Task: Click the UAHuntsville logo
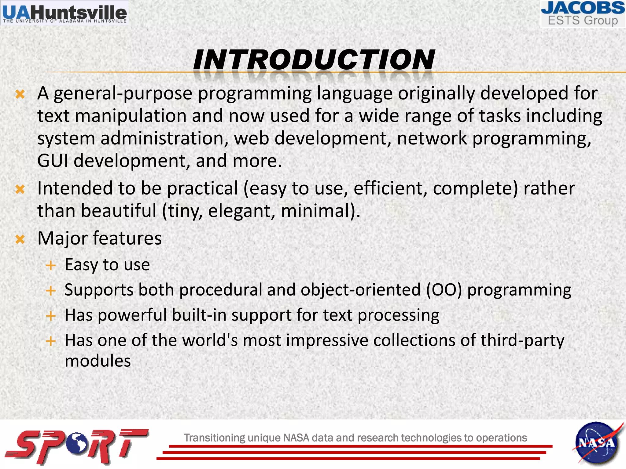tap(64, 13)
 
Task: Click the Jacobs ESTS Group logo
tap(583, 14)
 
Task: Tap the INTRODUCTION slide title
tap(314, 60)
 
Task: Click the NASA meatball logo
tap(596, 443)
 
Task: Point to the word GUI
tap(52, 161)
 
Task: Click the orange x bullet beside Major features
tap(20, 239)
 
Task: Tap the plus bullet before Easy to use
tap(50, 265)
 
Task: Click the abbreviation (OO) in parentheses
tap(444, 290)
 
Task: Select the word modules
tap(98, 361)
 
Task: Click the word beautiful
tap(119, 211)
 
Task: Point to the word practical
tap(202, 188)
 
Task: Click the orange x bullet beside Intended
tap(20, 189)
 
